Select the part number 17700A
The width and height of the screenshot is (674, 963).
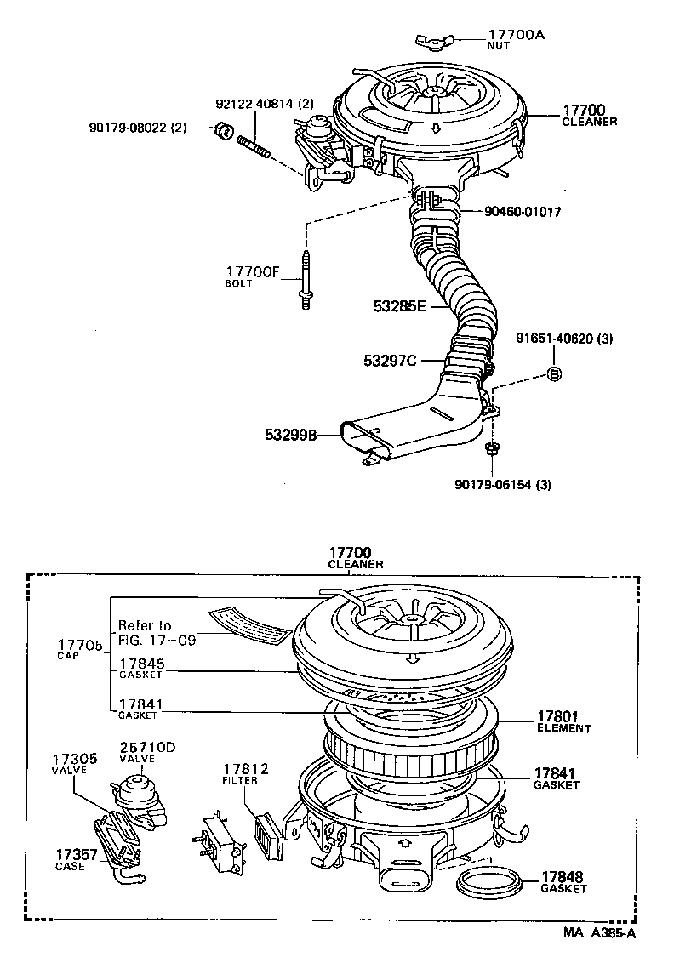coord(516,35)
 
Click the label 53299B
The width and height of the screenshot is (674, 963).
coord(289,436)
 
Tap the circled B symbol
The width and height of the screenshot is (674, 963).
coord(553,373)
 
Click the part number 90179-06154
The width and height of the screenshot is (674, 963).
coord(503,485)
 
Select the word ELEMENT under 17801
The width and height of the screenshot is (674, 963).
coord(563,728)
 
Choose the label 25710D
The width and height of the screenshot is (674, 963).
coord(147,747)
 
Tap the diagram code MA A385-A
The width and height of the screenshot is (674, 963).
coord(599,932)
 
